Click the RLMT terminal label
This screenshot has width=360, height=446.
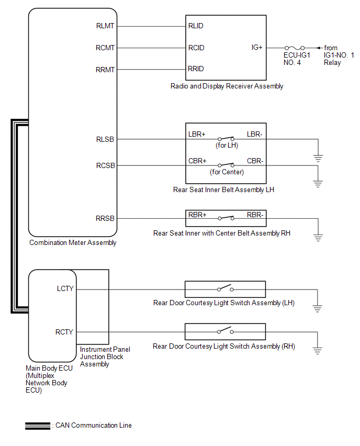(x=105, y=26)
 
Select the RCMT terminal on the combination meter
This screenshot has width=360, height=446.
(x=105, y=48)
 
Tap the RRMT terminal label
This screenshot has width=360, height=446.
(x=105, y=69)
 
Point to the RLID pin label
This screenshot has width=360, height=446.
(x=196, y=26)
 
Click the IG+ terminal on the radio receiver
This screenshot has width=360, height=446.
(x=257, y=48)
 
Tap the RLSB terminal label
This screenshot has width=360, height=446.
(x=106, y=139)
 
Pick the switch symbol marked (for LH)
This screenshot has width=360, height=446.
(x=226, y=139)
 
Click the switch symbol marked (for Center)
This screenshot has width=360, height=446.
(x=226, y=165)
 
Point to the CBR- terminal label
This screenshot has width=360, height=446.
(x=255, y=161)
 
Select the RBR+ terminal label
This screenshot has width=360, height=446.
(x=197, y=215)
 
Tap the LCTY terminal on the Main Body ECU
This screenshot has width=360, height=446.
(x=65, y=288)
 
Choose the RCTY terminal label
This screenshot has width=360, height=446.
(x=65, y=332)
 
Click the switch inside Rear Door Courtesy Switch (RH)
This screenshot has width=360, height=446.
(x=226, y=331)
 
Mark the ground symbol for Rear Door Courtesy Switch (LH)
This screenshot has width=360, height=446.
(x=318, y=308)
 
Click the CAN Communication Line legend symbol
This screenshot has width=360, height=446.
(x=37, y=426)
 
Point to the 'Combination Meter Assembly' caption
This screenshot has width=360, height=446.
(x=73, y=242)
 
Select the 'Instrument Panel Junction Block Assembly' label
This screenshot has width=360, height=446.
(x=105, y=356)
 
